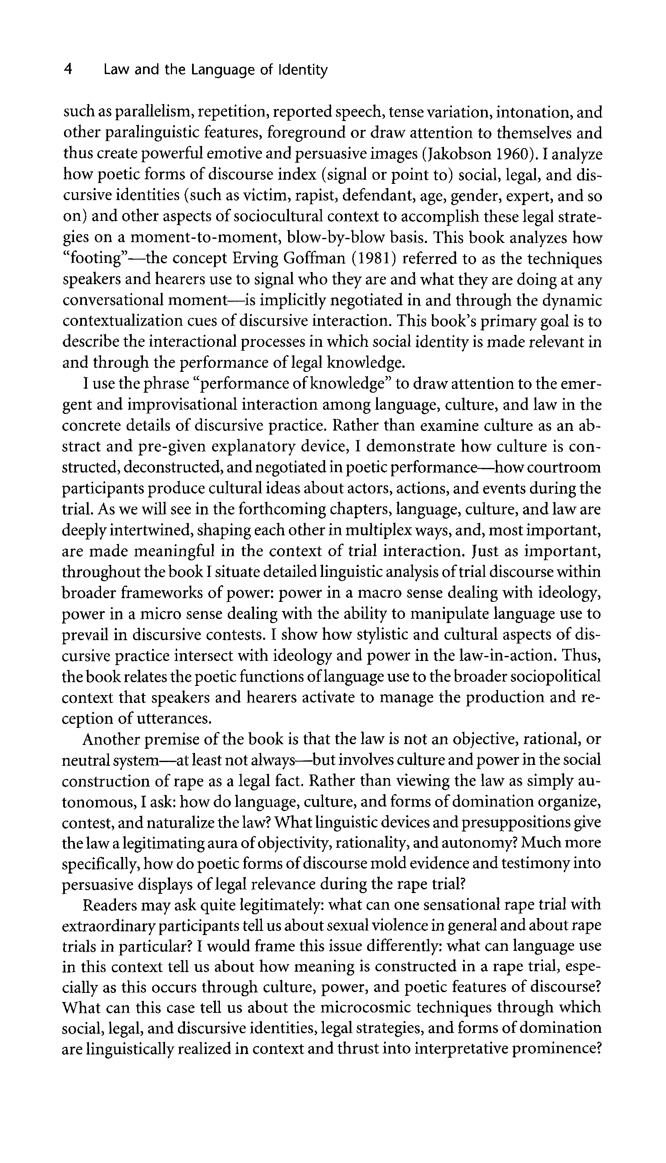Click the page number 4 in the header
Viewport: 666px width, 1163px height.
(x=68, y=69)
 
